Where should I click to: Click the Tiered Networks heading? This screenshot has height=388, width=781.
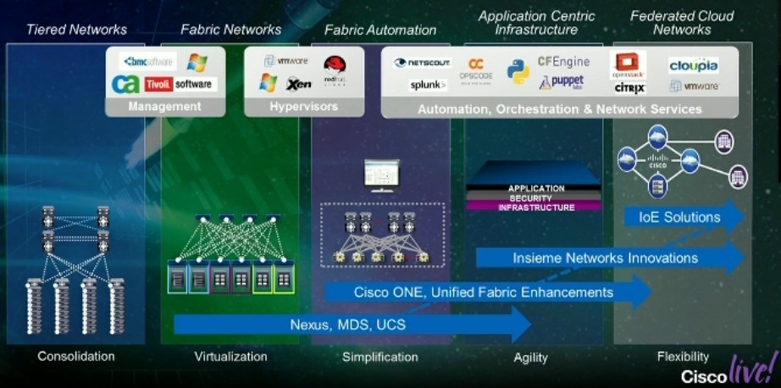(76, 30)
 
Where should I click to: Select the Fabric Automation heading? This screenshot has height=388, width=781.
(380, 30)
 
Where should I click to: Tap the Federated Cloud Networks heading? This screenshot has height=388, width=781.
(682, 23)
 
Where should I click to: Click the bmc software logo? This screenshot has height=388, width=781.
(147, 62)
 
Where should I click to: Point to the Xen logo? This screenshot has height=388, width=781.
(299, 84)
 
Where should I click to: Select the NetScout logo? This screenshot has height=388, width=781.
(423, 63)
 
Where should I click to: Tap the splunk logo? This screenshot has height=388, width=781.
(429, 85)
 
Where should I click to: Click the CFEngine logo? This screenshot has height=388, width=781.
(563, 62)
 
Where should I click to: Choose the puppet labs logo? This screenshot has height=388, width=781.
(562, 82)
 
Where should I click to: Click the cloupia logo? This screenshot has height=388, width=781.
(694, 65)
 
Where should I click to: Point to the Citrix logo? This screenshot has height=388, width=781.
(630, 88)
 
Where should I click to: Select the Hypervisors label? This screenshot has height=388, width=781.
(303, 107)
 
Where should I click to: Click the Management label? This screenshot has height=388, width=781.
(164, 107)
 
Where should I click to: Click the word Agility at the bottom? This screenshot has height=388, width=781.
(530, 357)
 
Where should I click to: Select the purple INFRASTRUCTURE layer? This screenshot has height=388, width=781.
(536, 208)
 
